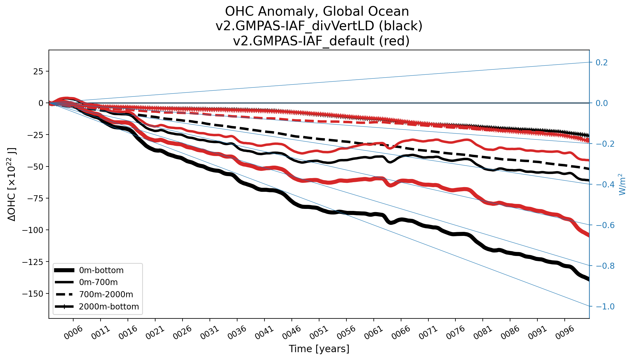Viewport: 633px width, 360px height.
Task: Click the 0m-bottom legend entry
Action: [101, 270]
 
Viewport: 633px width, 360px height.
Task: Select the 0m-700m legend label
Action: [98, 282]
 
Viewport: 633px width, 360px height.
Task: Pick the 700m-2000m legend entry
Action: [106, 294]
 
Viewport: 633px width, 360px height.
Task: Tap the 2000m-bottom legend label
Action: [109, 307]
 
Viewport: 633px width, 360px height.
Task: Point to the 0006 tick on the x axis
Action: [74, 332]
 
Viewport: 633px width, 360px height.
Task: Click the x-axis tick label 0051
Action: [319, 332]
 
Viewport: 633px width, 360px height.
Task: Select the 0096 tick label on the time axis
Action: [565, 332]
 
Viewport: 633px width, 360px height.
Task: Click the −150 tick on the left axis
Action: [33, 294]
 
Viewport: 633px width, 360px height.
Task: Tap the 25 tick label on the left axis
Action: [38, 71]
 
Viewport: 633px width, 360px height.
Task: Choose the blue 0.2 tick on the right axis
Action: [602, 62]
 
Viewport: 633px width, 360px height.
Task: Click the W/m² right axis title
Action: [622, 185]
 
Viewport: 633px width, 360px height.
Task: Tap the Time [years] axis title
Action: [319, 349]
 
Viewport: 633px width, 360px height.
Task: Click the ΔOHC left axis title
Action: [12, 185]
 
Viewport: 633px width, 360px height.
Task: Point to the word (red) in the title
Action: [394, 41]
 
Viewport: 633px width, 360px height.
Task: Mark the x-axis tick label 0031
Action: [210, 332]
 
